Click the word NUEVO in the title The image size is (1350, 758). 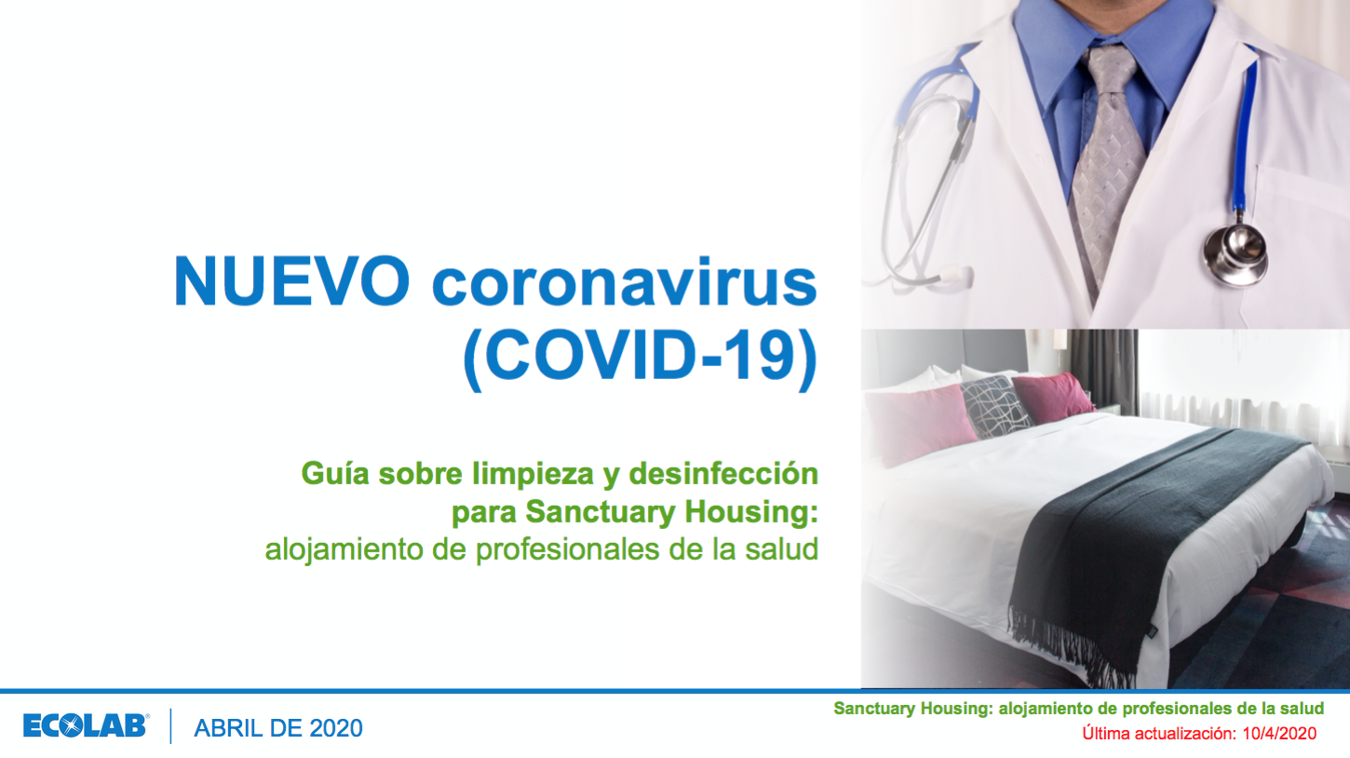pos(292,281)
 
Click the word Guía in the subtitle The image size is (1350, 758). pos(335,474)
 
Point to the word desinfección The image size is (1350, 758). pos(723,474)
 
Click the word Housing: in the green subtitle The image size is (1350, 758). pos(751,512)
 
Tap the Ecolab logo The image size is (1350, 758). pos(86,725)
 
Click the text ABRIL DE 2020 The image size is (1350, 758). pos(277,728)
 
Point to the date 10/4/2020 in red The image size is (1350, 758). pos(1279,733)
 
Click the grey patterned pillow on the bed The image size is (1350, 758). pos(994,406)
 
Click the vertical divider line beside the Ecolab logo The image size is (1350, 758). pos(171,726)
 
